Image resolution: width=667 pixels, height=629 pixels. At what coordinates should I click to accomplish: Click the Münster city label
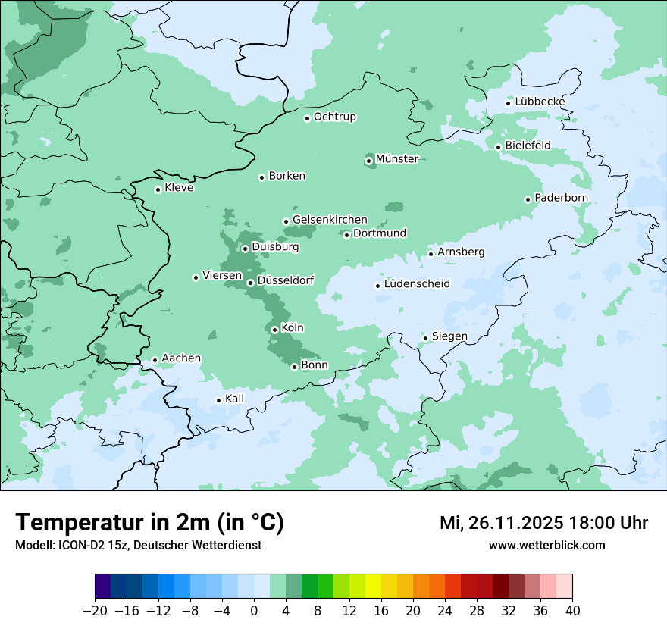click(396, 159)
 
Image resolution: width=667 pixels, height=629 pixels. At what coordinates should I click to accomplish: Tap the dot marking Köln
click(274, 330)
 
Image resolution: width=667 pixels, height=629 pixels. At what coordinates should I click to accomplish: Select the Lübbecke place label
click(540, 102)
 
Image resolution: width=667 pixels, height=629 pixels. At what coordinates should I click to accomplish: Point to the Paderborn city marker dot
click(528, 199)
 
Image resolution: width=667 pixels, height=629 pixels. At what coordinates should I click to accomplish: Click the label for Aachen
click(181, 358)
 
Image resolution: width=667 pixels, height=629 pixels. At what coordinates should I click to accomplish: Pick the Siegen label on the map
click(449, 336)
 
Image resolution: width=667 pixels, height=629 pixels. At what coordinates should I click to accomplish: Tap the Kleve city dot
click(158, 189)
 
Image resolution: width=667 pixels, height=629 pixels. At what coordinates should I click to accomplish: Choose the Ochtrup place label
click(334, 117)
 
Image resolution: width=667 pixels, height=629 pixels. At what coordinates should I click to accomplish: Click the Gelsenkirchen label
click(330, 220)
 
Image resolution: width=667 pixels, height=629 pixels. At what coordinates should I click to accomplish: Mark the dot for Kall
click(218, 400)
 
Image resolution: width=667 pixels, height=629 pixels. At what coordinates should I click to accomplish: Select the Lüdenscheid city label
click(417, 284)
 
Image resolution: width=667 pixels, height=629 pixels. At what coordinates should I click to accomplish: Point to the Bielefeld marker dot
click(498, 147)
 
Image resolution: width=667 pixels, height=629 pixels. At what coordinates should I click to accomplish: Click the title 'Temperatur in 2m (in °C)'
click(149, 523)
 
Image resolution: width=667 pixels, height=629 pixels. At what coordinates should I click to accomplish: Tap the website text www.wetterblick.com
click(546, 546)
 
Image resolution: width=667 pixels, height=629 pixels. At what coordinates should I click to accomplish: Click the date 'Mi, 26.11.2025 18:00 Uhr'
click(543, 523)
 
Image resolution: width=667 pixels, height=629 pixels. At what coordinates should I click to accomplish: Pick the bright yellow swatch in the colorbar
click(373, 587)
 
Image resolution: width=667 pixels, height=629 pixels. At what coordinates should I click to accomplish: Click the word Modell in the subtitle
click(33, 546)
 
